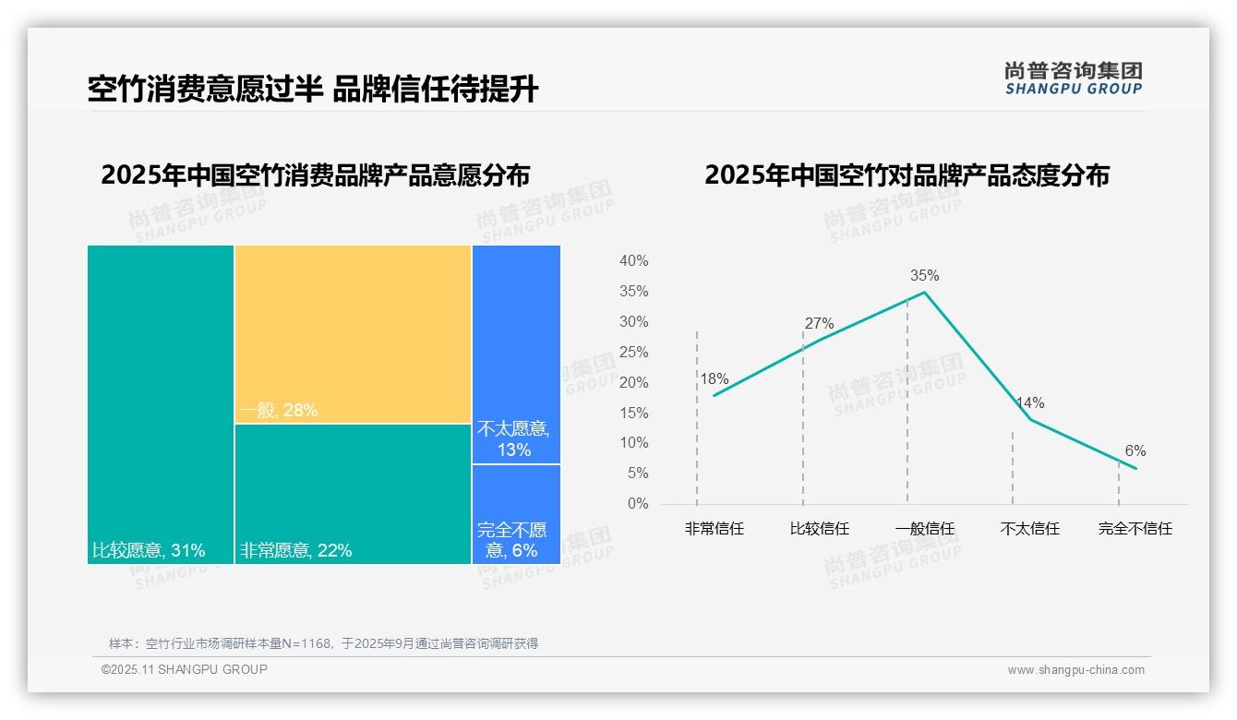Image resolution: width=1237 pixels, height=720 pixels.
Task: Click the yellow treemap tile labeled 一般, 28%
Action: [353, 334]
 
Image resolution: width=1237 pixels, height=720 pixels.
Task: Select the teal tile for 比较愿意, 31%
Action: [161, 404]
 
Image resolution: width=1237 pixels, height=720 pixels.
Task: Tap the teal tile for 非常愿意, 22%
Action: [353, 493]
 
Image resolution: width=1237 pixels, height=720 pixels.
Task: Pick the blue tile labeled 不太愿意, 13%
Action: [516, 354]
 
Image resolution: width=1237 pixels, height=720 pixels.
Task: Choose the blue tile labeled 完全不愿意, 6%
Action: [516, 514]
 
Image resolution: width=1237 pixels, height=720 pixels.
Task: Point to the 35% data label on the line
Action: [924, 275]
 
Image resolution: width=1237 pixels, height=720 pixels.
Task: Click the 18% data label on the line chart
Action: [714, 378]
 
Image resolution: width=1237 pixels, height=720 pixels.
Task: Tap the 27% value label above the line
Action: [819, 323]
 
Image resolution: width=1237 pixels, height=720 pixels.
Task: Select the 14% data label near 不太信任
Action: [1029, 402]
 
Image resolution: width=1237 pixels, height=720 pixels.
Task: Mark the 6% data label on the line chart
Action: [1135, 450]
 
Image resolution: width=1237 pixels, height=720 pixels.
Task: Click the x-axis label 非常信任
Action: [714, 529]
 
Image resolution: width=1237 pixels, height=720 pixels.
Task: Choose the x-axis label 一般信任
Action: [924, 529]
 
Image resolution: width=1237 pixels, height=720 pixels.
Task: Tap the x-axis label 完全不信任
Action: [1135, 529]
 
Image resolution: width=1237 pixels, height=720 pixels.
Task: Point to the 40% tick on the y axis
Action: [633, 261]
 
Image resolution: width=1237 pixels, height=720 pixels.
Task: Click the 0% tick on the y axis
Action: [638, 504]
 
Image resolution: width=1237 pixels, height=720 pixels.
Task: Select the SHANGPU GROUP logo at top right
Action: [1073, 78]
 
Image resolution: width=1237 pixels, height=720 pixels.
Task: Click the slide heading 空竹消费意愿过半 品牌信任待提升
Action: [312, 90]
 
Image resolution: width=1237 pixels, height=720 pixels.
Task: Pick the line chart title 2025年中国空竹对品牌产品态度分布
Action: [907, 175]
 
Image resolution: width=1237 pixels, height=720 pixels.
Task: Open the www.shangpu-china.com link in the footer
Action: [1075, 670]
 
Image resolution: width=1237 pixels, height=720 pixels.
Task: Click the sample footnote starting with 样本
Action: [323, 643]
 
